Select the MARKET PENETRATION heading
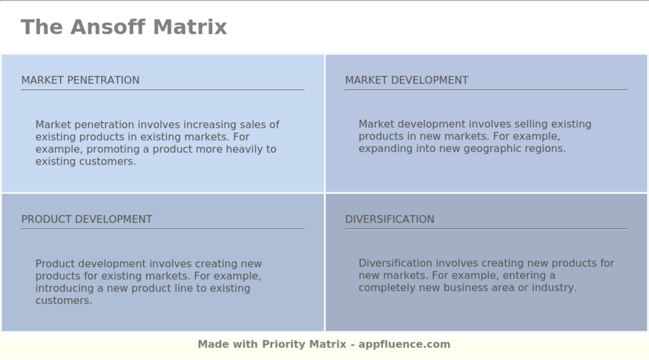[80, 80]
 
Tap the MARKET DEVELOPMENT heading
[407, 80]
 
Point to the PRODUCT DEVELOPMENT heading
[87, 219]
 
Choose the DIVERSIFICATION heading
[389, 219]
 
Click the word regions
[548, 149]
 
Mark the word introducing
[64, 288]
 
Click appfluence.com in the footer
[404, 344]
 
